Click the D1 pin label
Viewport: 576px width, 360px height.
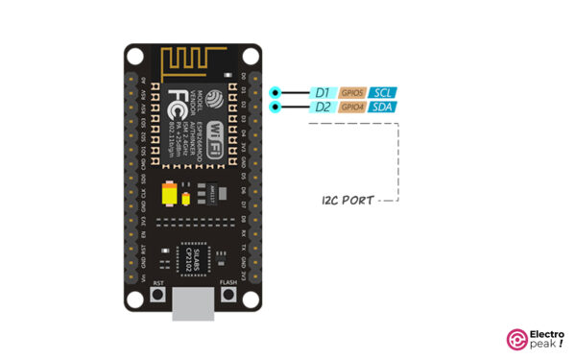pos(322,93)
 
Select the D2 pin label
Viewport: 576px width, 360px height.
pos(322,108)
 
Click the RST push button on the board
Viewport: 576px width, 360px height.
pos(159,296)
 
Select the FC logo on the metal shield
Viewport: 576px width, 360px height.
pos(180,101)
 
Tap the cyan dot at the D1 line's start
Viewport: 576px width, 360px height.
pos(276,93)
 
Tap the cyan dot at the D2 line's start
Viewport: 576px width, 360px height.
pos(276,108)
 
